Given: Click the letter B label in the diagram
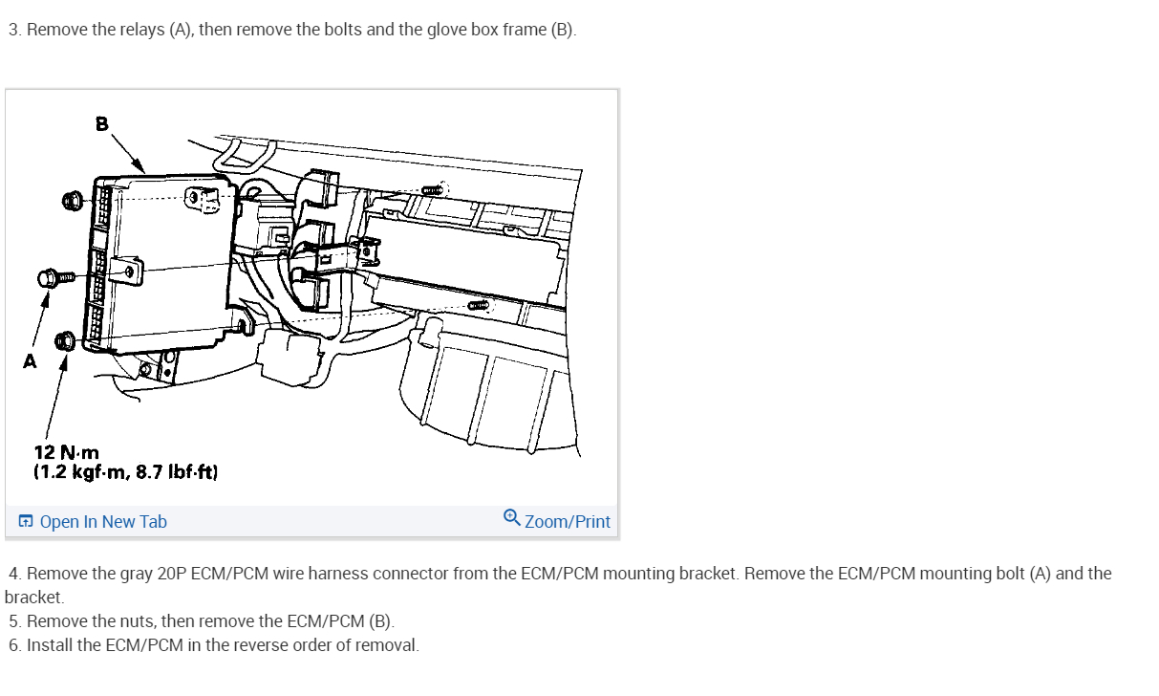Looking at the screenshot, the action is point(102,124).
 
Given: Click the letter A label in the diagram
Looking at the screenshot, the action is point(30,361).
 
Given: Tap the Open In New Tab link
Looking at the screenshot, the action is point(103,521).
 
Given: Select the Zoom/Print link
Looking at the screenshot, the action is point(568,521).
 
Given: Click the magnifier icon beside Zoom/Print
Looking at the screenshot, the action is point(512,518).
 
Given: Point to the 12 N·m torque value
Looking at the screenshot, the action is point(66,452).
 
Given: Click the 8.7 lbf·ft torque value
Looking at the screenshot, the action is point(177,472).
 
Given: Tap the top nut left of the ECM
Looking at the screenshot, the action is point(73,201).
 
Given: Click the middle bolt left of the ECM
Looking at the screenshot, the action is point(55,278).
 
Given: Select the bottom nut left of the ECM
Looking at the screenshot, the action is point(65,341).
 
